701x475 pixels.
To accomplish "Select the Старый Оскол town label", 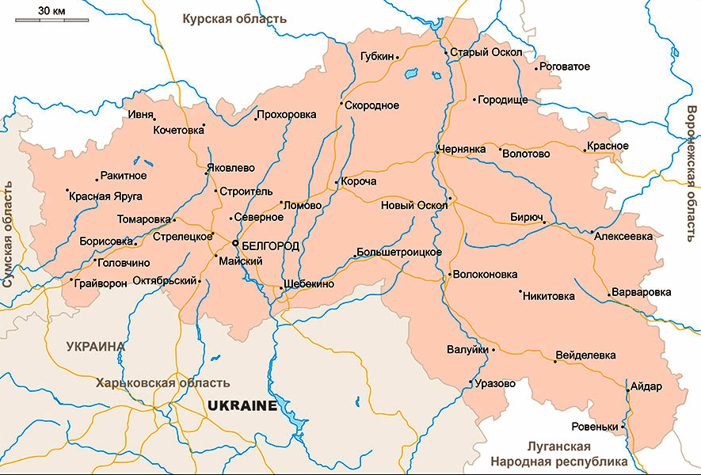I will (486, 53).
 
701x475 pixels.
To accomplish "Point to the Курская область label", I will (234, 18).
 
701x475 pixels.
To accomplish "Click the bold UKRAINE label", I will (242, 406).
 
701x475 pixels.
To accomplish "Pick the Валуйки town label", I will (467, 349).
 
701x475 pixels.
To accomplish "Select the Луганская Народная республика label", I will (558, 454).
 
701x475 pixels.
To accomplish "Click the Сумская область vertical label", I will (10, 234).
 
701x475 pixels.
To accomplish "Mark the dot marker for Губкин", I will (398, 58).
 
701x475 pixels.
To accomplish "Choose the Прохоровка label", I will (287, 115).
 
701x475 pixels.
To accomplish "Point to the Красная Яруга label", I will (105, 196).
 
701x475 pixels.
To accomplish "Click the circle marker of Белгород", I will (235, 244).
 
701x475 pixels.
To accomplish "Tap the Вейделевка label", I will (586, 355).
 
